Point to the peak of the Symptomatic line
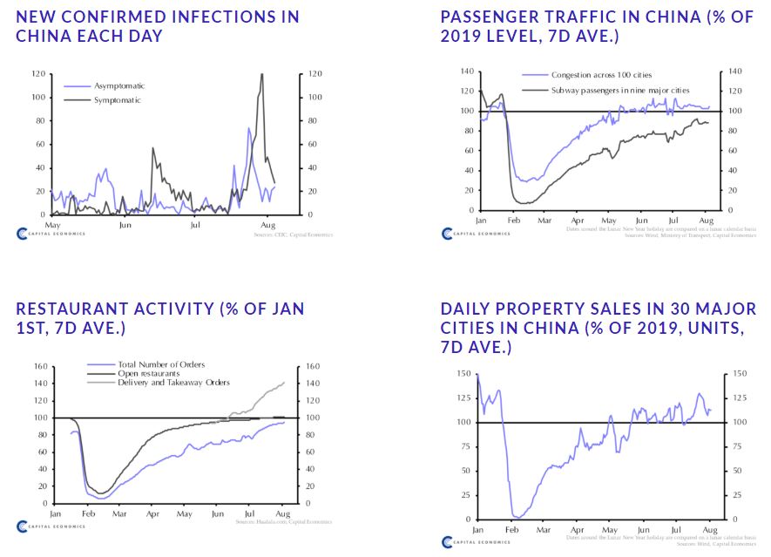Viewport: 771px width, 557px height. coord(261,74)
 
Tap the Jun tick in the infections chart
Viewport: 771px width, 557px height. coord(125,225)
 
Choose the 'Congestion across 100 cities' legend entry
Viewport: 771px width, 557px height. coord(601,76)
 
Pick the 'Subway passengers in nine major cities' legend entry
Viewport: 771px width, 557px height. coord(619,90)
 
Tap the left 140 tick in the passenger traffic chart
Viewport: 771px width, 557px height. coord(466,71)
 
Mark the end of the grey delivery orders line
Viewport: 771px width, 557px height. coord(284,383)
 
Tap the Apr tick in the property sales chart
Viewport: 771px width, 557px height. coord(576,530)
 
